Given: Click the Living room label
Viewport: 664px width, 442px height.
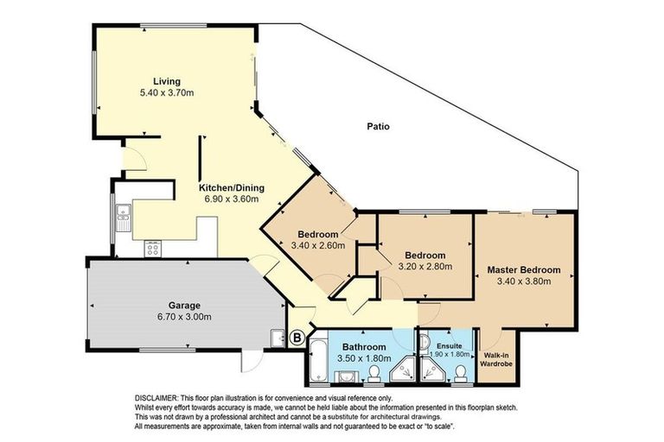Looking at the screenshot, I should (167, 81).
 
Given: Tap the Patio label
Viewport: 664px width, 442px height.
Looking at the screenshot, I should (377, 126).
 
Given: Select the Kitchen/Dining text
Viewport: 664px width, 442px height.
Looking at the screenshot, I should (232, 188).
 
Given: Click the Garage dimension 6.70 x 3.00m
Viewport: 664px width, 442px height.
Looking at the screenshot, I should (183, 316).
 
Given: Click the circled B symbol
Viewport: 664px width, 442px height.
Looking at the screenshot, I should (297, 338).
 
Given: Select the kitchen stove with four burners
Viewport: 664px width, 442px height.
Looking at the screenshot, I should (153, 250).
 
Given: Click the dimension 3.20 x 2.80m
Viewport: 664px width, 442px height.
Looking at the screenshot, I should (425, 268).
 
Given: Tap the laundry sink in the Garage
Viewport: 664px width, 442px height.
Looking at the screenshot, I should (277, 338).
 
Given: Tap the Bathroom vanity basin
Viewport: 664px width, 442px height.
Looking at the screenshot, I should (346, 376).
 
